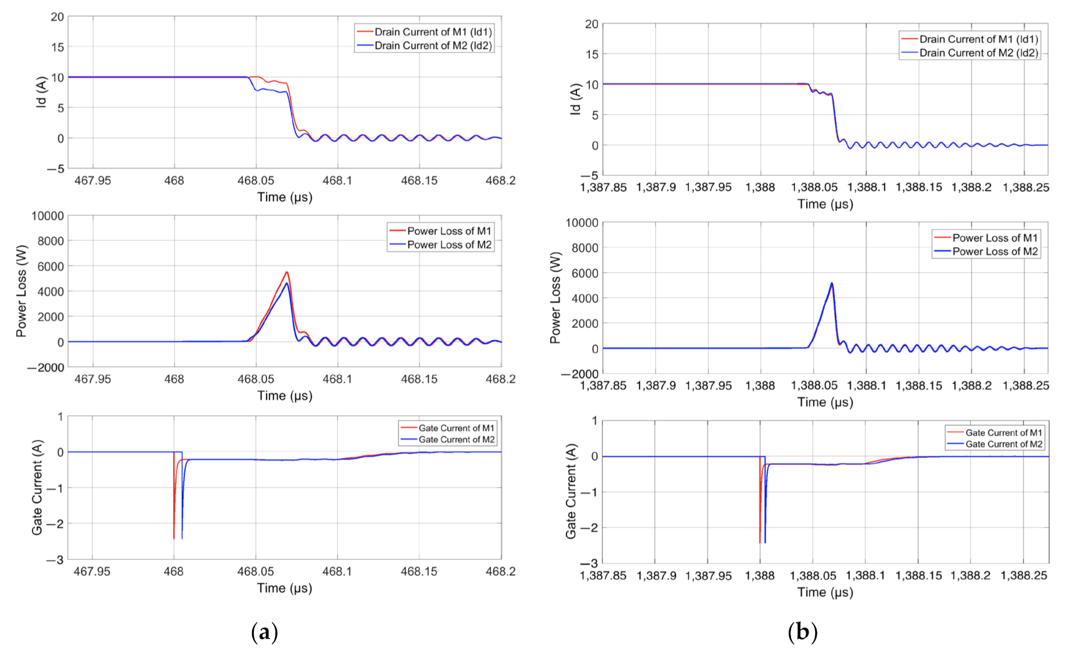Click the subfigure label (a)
264,632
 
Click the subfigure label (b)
802,632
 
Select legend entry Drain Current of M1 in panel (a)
432,32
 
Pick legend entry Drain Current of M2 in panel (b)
978,53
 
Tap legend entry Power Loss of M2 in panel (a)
449,245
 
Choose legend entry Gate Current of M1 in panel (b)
1003,433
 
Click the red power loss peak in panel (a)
286,272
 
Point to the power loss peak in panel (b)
832,284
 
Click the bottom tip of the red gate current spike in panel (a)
174,538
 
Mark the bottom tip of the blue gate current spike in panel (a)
182,538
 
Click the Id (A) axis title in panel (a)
41,93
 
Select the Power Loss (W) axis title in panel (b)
555,298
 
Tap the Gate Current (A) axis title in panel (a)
37,487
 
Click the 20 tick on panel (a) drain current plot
57,17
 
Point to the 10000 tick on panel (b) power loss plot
582,223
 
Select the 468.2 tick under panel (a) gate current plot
500,572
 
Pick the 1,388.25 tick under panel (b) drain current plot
1026,188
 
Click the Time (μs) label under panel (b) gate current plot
825,593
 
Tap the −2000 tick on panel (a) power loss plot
46,368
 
